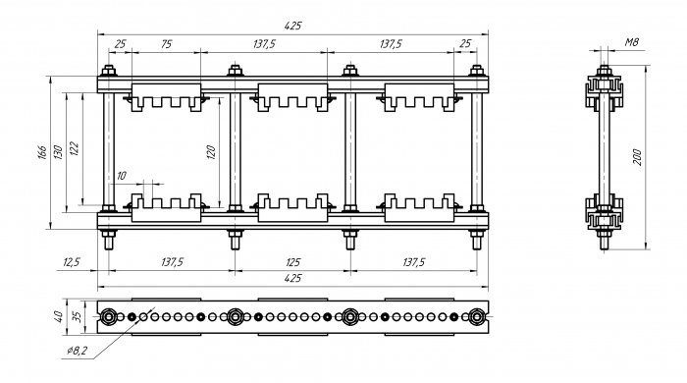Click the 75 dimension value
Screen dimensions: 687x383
click(x=166, y=44)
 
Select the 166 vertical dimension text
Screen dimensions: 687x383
click(x=42, y=151)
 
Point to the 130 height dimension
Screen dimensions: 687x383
click(x=58, y=151)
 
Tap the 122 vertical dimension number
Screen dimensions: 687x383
click(x=74, y=149)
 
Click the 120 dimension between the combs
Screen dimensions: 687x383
click(x=211, y=151)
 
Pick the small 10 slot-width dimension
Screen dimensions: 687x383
click(x=122, y=176)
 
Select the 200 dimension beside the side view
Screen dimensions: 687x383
click(x=638, y=157)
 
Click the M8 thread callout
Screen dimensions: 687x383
click(x=631, y=42)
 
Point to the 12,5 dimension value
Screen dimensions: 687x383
click(x=72, y=262)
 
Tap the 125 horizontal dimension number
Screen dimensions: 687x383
click(x=292, y=262)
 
